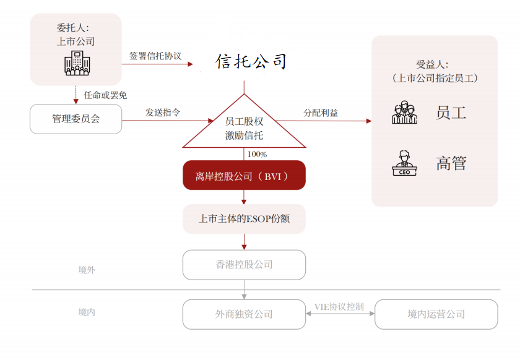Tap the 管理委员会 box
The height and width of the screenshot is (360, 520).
click(x=76, y=119)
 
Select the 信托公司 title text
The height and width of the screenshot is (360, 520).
click(x=251, y=61)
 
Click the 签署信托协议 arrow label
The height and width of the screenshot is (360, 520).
click(x=155, y=56)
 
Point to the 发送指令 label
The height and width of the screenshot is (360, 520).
click(x=163, y=113)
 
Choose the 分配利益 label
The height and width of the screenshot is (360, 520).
click(x=321, y=113)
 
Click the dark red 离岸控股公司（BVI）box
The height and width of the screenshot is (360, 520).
click(x=244, y=176)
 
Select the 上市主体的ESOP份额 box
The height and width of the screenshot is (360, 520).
click(x=244, y=219)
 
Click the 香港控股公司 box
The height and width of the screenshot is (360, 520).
click(x=244, y=265)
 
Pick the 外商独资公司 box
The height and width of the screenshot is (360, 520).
click(x=244, y=314)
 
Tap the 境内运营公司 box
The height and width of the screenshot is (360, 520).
click(x=436, y=314)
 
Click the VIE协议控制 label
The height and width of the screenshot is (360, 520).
click(x=339, y=306)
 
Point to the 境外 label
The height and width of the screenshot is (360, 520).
click(x=87, y=270)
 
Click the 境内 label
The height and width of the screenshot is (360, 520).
click(x=87, y=312)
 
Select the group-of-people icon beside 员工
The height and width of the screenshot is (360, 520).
click(x=404, y=113)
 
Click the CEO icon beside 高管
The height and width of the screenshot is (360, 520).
click(x=404, y=163)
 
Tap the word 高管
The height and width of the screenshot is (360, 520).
click(x=451, y=163)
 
